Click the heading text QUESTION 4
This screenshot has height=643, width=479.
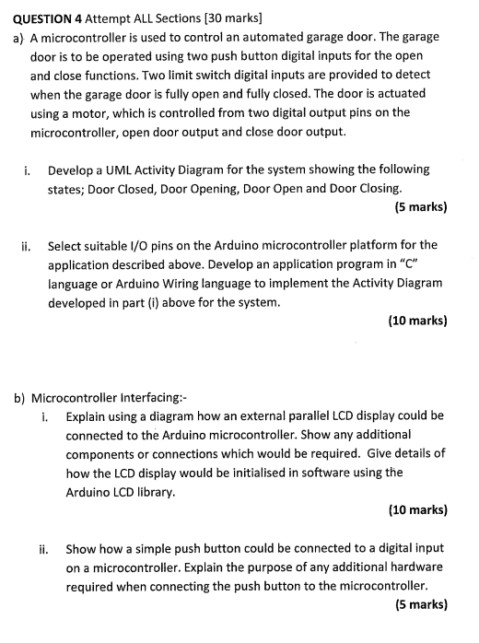(x=50, y=17)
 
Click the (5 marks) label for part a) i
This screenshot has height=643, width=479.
(x=421, y=206)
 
